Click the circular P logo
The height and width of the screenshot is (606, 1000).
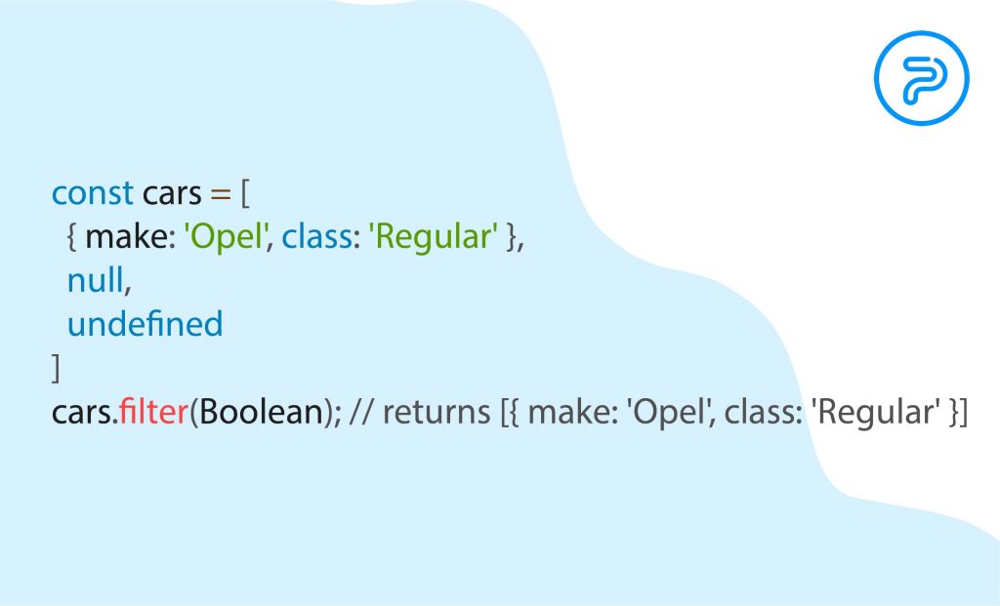tap(922, 78)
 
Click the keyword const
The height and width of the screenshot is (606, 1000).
tap(93, 193)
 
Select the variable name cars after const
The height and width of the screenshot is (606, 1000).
tap(172, 194)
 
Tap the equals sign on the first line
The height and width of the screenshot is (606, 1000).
tap(220, 195)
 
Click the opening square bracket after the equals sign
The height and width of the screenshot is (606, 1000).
tap(245, 194)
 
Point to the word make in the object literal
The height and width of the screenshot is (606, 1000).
tap(130, 237)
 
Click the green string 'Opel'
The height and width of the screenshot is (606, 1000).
tap(225, 238)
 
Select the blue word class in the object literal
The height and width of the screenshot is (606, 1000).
tap(317, 237)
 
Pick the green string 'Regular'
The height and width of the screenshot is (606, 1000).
tap(433, 238)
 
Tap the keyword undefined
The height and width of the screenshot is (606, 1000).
tap(145, 324)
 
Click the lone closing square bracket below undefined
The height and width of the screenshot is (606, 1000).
tap(56, 368)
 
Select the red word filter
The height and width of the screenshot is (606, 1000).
tap(153, 412)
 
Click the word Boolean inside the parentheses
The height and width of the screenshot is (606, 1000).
tap(262, 412)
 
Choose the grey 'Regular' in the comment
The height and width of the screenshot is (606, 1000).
tap(875, 413)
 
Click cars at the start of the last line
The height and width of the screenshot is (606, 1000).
tap(82, 413)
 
